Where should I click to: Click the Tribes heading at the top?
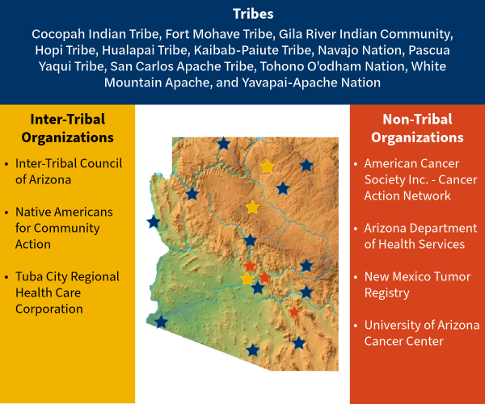coord(242,15)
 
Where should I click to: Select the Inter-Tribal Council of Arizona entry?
coord(68,171)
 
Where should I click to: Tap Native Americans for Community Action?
coord(64,228)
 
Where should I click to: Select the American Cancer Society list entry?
coord(420,179)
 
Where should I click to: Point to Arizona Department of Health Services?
coord(415,236)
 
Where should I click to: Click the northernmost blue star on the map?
coord(224,144)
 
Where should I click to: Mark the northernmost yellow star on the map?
coord(268,166)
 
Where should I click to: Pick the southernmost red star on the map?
coord(294,312)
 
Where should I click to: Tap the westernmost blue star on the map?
coord(154,221)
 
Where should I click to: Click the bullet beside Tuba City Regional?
coord(6,277)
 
